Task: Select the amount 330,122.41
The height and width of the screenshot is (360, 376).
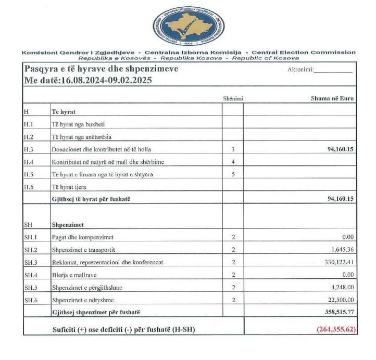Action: pyautogui.click(x=339, y=262)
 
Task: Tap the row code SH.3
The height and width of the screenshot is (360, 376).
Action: pyautogui.click(x=31, y=262)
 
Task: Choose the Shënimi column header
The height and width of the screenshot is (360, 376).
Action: pyautogui.click(x=232, y=98)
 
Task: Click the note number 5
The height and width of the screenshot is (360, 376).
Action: pyautogui.click(x=233, y=174)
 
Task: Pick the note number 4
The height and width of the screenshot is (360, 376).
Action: pyautogui.click(x=233, y=161)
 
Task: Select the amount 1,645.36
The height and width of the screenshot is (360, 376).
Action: pyautogui.click(x=342, y=250)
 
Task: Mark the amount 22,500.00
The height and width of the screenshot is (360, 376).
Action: pyautogui.click(x=341, y=300)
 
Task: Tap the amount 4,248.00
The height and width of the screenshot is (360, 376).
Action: pyautogui.click(x=343, y=287)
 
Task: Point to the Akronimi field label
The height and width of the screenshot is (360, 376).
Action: pyautogui.click(x=300, y=70)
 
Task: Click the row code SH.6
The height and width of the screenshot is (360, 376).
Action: pyautogui.click(x=31, y=300)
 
